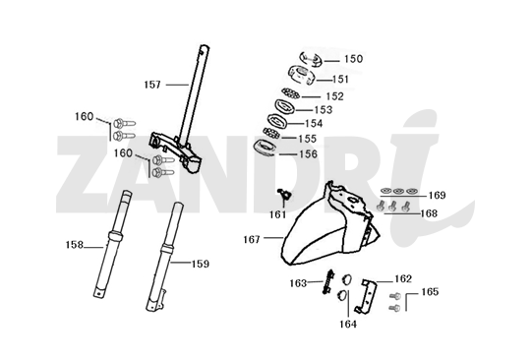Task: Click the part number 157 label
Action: pos(153,85)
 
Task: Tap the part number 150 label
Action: pos(352,59)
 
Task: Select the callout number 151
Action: pos(340,80)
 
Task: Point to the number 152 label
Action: pos(334,96)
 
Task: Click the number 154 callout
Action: pos(313,124)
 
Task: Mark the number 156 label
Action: pos(308,153)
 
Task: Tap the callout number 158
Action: pos(75,244)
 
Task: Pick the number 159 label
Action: pos(200,263)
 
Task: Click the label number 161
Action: pos(278,213)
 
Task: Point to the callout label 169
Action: pos(437,195)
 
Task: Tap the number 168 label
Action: pos(429,212)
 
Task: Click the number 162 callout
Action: pos(403,278)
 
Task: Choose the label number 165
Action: pos(430,292)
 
